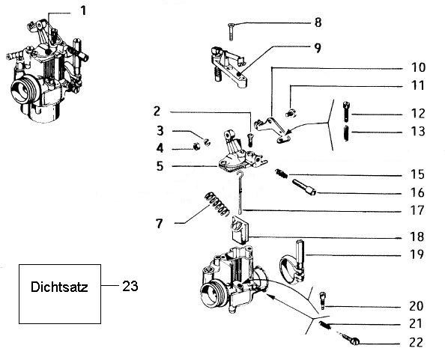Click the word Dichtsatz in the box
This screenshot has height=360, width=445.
pyautogui.click(x=59, y=287)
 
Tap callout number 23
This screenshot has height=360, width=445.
pyautogui.click(x=130, y=286)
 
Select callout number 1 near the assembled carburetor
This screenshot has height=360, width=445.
pyautogui.click(x=83, y=11)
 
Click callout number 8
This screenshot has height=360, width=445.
pyautogui.click(x=318, y=22)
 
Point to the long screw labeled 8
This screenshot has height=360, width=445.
pyautogui.click(x=231, y=32)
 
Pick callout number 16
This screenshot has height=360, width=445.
pyautogui.click(x=417, y=193)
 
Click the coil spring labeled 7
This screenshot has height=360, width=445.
pyautogui.click(x=217, y=204)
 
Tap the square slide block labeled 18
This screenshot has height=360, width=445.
pyautogui.click(x=240, y=230)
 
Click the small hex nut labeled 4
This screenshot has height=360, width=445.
pyautogui.click(x=196, y=147)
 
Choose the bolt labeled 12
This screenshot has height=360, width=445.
pyautogui.click(x=346, y=112)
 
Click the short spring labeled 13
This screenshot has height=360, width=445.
pyautogui.click(x=346, y=132)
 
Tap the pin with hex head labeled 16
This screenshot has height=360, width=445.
pyautogui.click(x=304, y=187)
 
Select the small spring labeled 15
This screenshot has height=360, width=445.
pyautogui.click(x=281, y=174)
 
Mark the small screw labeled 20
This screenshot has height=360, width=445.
pyautogui.click(x=323, y=300)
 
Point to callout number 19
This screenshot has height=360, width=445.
pyautogui.click(x=417, y=254)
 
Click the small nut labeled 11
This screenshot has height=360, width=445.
pyautogui.click(x=290, y=113)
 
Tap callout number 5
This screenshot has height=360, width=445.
pyautogui.click(x=160, y=166)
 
